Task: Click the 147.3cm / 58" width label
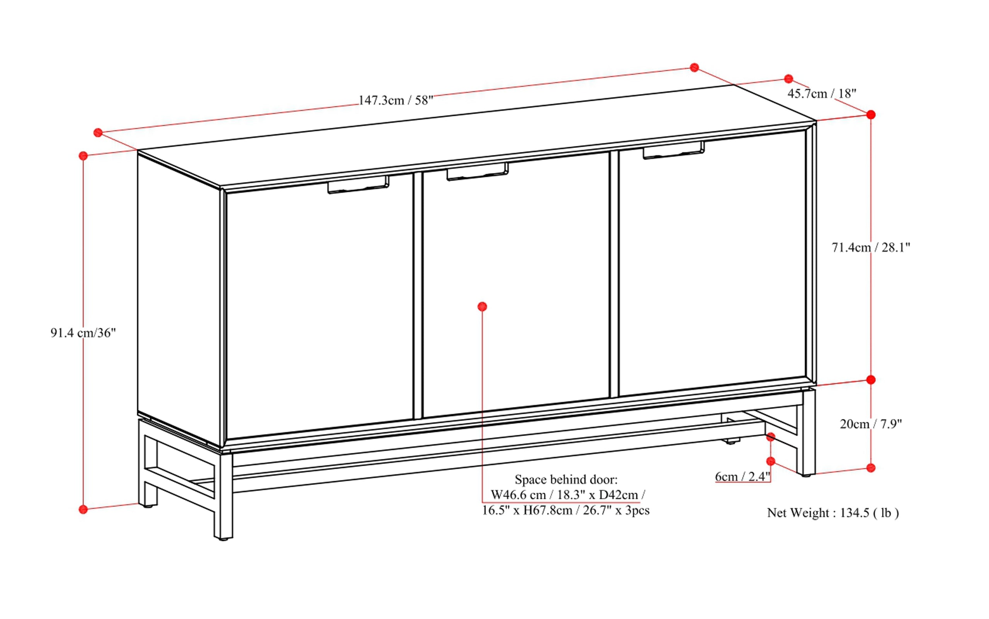pos(396,100)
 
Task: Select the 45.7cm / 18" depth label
pos(821,94)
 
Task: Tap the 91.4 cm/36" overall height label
pos(83,333)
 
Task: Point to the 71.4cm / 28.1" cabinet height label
pos(871,247)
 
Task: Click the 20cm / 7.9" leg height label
pos(871,424)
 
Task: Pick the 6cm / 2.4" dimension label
pos(743,477)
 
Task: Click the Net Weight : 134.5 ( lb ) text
pos(833,512)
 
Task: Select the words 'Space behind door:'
pos(566,479)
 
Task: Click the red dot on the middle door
pos(483,306)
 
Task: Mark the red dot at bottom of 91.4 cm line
pos(83,509)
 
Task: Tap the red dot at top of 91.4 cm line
pos(83,156)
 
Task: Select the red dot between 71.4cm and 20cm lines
pos(871,380)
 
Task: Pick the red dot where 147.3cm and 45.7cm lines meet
pos(694,68)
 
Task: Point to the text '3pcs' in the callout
pos(637,510)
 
